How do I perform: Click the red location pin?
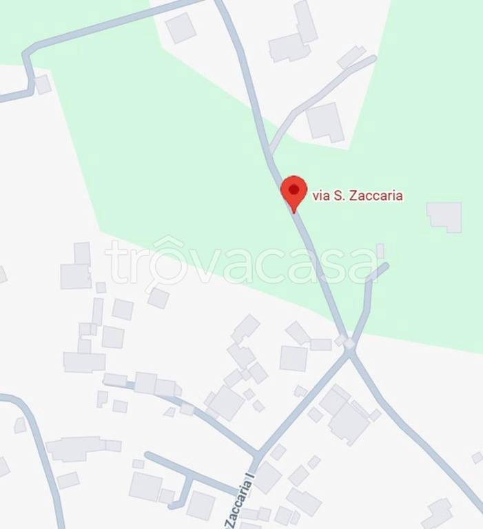(294, 191)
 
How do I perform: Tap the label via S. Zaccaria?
(358, 196)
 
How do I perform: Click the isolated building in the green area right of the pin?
(444, 216)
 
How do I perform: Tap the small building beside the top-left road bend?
(43, 84)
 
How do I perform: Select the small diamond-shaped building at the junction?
(349, 342)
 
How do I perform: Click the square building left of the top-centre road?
(181, 28)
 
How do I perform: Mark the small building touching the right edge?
(477, 457)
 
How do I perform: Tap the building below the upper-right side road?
(325, 122)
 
